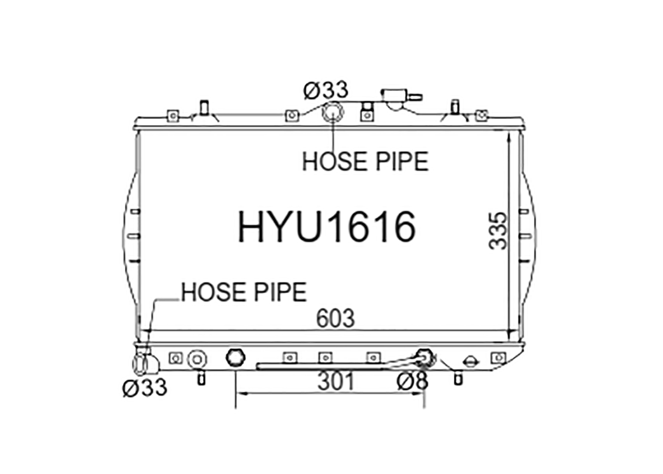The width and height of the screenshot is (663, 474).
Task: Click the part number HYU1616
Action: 327,227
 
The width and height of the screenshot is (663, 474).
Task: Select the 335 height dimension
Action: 498,231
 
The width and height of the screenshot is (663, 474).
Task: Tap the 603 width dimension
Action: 335,319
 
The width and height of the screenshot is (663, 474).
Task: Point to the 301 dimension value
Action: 336,381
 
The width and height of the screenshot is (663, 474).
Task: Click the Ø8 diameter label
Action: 412,381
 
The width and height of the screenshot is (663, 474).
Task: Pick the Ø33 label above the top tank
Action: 326,90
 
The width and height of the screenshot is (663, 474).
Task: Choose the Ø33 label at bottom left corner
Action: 145,388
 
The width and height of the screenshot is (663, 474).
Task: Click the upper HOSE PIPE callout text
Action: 365,161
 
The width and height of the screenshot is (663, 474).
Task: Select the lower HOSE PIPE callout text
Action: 244,292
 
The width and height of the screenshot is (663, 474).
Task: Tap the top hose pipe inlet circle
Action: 333,112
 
